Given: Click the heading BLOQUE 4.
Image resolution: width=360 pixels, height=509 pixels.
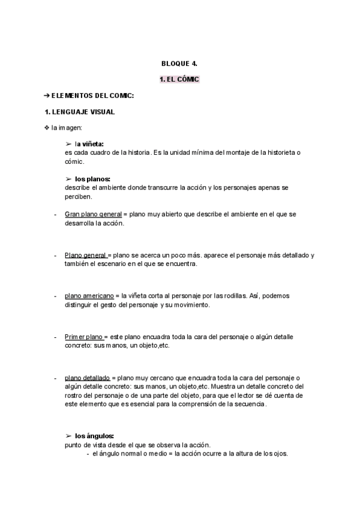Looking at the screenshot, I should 179,63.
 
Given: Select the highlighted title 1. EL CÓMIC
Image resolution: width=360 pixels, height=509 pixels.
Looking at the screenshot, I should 179,79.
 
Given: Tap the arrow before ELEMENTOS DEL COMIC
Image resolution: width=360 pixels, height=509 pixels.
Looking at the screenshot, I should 47,96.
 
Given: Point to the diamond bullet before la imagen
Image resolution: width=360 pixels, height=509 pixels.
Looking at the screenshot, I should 47,128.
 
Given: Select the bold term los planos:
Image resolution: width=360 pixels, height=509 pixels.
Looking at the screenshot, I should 92,179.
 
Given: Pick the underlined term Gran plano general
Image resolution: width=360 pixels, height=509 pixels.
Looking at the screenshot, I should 93,214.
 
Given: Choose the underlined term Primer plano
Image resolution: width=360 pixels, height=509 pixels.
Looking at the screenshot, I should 84,337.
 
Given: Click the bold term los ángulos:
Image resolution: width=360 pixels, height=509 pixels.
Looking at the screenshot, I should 94,436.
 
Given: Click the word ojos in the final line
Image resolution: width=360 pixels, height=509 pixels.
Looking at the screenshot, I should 280,454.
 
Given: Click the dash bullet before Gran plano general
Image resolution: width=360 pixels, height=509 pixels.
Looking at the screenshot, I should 55,214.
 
